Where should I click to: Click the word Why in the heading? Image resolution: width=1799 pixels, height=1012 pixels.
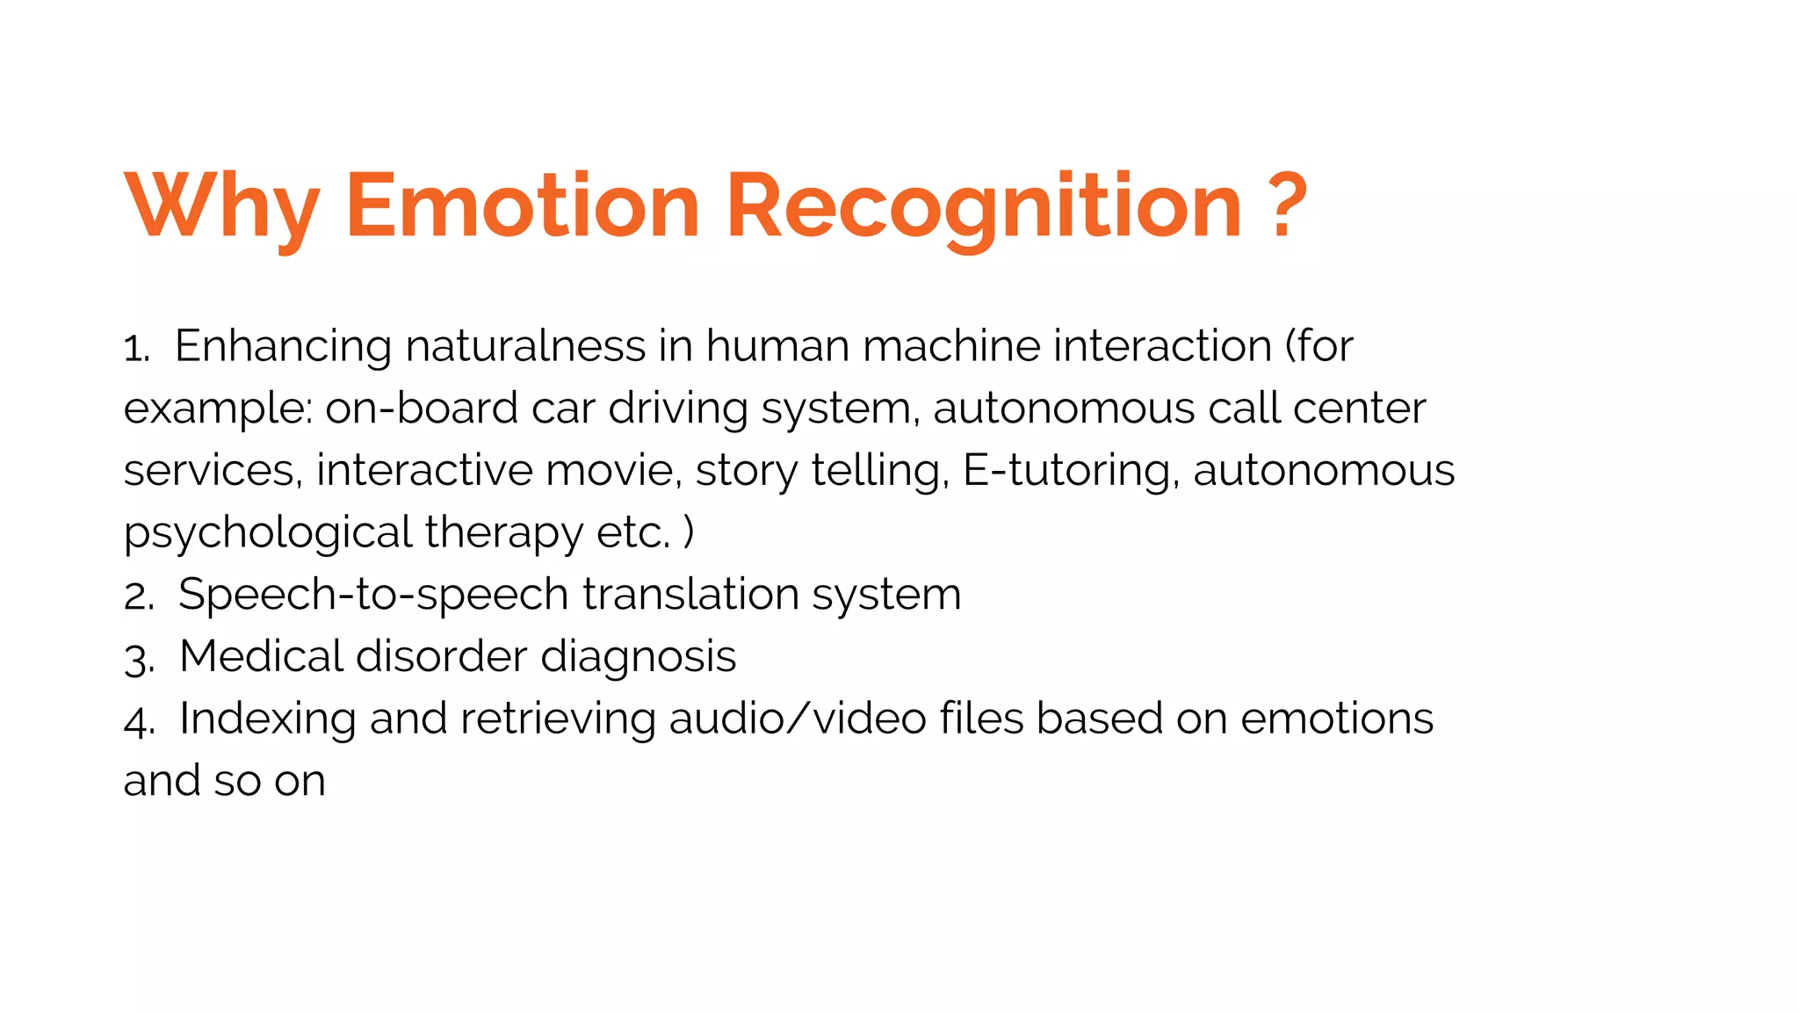221,207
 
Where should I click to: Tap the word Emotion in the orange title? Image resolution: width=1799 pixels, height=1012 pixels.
523,206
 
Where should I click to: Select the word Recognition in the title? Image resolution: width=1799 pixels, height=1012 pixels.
984,207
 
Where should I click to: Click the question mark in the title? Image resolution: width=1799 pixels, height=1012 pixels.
1289,206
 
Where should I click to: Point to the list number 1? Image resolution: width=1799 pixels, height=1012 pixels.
136,349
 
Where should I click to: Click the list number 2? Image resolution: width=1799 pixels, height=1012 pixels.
139,597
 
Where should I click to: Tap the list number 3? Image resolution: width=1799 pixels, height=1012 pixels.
139,659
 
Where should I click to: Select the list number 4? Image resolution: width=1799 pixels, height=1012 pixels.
139,721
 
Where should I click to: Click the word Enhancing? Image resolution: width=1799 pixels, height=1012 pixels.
283,347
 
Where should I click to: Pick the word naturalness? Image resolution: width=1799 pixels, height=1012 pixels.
525,345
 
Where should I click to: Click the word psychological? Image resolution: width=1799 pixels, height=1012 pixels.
268,533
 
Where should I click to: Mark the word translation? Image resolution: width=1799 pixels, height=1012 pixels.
690,595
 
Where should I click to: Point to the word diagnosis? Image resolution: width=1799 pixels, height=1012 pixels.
638,658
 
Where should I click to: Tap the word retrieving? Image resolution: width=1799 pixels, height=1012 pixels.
558,719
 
